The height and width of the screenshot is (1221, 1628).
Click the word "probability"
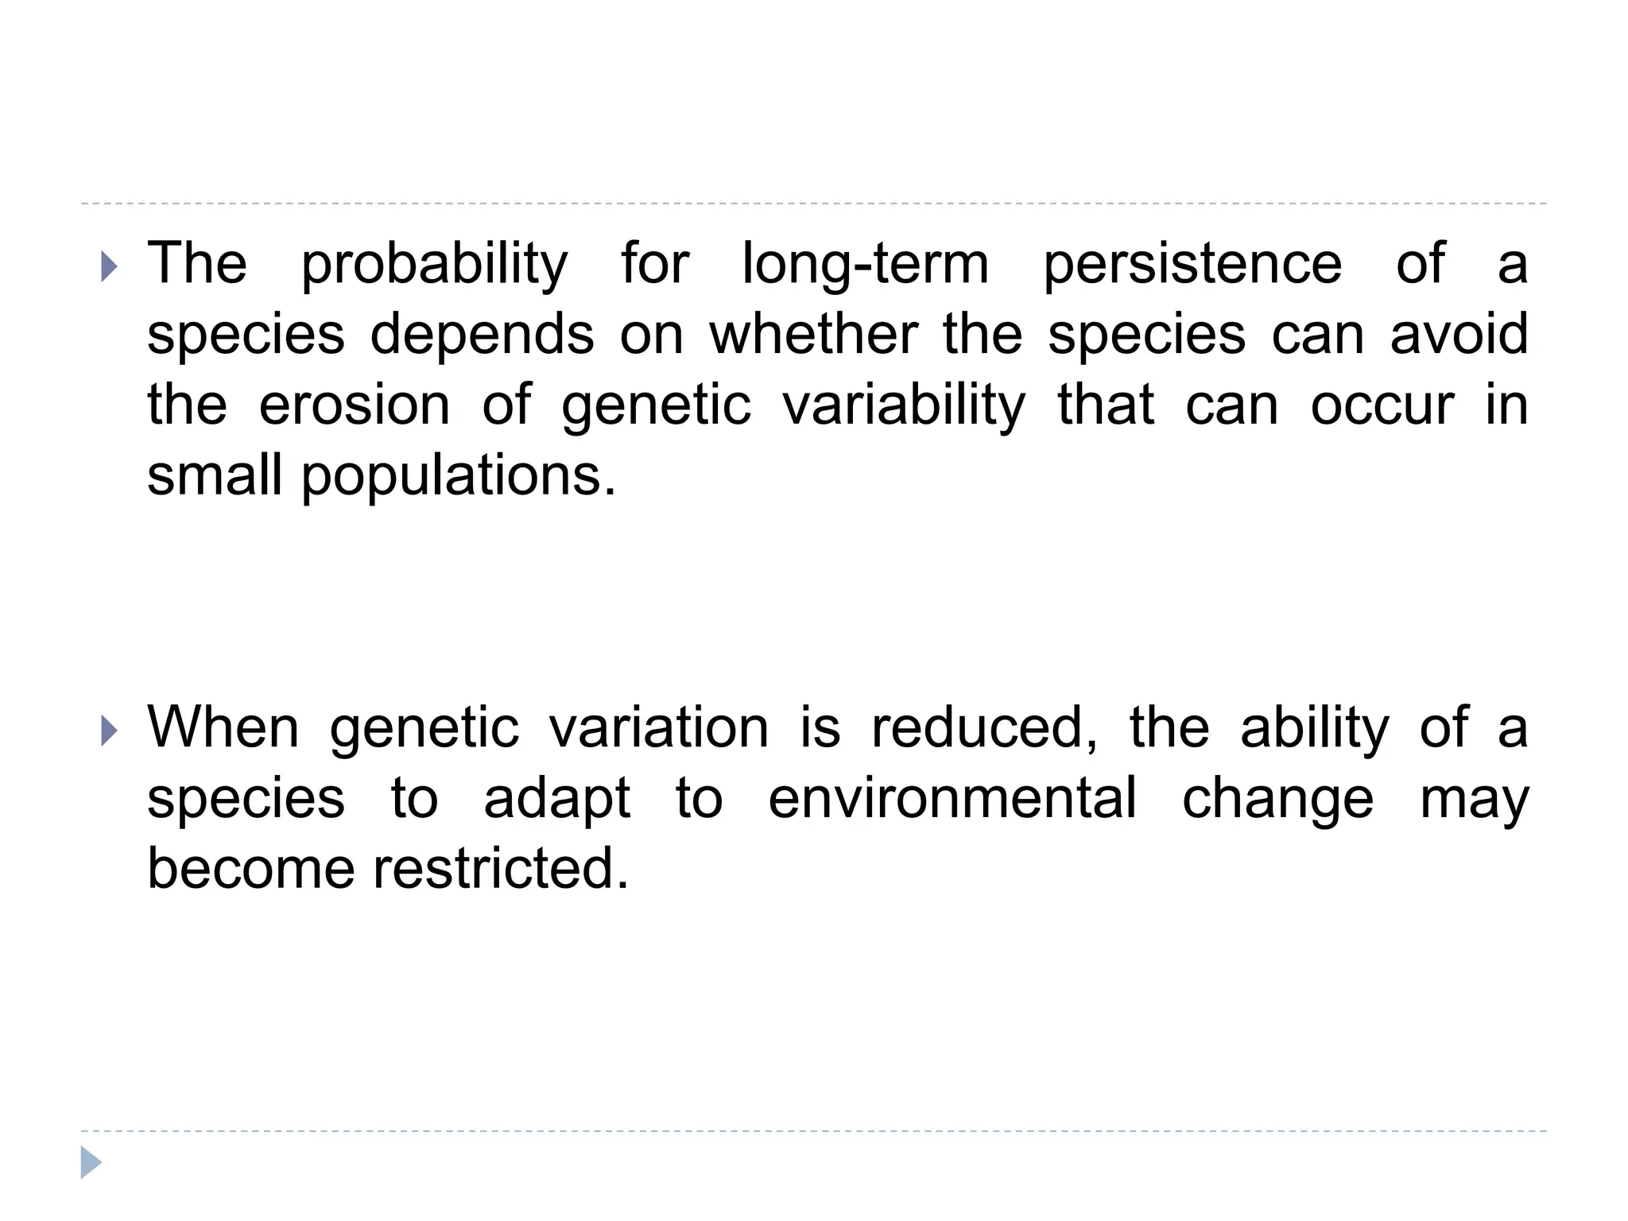point(435,264)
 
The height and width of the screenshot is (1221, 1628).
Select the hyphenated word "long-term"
point(866,264)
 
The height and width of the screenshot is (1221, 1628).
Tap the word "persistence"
point(1192,264)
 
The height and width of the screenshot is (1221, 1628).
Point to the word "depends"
point(482,335)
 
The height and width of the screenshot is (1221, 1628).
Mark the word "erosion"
point(355,405)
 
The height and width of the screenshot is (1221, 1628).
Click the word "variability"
point(904,406)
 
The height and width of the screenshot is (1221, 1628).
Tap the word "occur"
point(1382,406)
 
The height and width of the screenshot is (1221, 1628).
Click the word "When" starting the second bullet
point(223,727)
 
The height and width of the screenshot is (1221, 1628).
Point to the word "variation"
point(659,727)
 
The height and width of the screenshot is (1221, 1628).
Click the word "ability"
point(1315,729)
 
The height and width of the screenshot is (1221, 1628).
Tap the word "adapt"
point(557,799)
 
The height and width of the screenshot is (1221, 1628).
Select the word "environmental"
point(952,798)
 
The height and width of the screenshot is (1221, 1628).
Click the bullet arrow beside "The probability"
point(109,268)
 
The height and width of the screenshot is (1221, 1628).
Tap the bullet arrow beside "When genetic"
point(109,731)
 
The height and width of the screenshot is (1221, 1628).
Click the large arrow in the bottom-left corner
point(91,1162)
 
